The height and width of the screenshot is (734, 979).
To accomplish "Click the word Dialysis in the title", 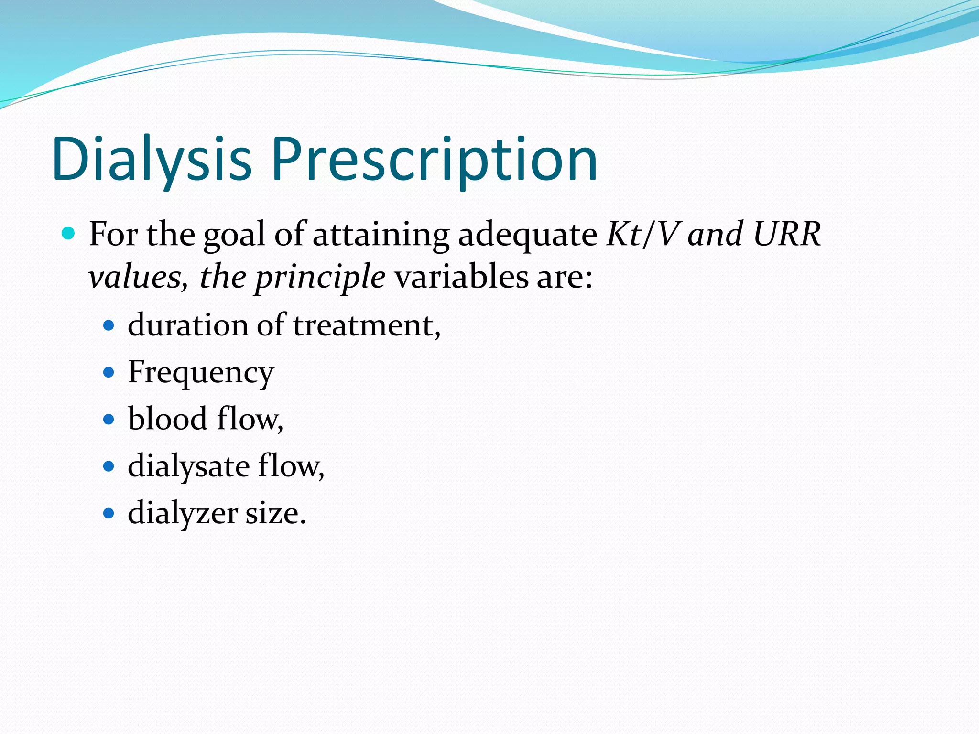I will click(152, 159).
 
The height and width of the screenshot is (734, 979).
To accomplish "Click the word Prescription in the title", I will click(435, 159).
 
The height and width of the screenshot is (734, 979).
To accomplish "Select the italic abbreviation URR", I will click(786, 235).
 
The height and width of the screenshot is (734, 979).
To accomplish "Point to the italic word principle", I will click(320, 278).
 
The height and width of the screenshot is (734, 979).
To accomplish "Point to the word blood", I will click(167, 419).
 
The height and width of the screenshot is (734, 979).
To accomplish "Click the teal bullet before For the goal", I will click(69, 234).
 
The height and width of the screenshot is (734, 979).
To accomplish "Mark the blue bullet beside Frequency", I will click(109, 373).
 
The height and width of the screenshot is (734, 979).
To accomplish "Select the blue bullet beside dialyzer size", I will click(109, 514).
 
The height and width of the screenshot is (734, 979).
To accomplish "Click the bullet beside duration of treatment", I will click(109, 326).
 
